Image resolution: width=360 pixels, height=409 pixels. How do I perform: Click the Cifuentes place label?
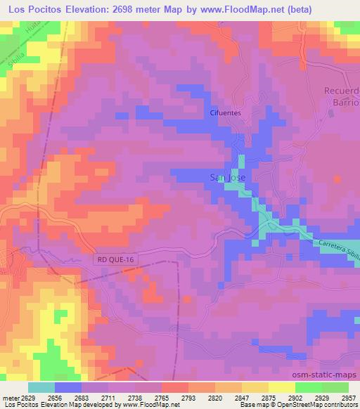225,112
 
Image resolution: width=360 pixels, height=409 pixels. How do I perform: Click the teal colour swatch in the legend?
41,387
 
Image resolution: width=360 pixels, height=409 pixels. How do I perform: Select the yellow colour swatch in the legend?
282,387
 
